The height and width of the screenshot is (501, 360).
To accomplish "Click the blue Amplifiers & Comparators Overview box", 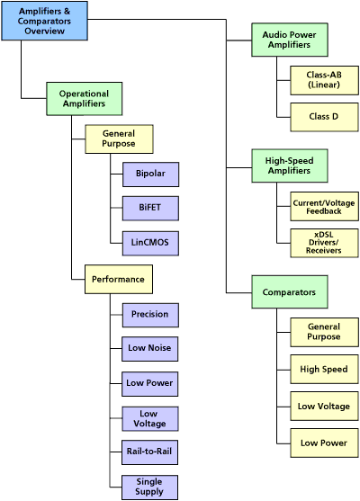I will (x=45, y=21).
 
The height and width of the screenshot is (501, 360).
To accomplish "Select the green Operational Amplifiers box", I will (x=84, y=98).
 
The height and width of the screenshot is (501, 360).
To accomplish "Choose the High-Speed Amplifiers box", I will (x=289, y=166).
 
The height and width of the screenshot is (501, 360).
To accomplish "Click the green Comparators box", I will (x=289, y=292).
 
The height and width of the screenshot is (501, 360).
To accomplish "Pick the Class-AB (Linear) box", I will (x=323, y=79).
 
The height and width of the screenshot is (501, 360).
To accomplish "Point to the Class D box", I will (x=323, y=117).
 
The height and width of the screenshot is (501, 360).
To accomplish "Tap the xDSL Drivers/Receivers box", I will (x=323, y=243).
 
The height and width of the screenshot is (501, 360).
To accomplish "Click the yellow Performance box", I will (x=118, y=279).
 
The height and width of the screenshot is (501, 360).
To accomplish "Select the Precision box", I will (x=149, y=315).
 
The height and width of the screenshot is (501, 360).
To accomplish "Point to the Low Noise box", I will (x=149, y=348).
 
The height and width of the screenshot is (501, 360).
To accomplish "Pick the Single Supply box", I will (x=149, y=486).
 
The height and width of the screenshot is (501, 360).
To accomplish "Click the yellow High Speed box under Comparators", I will (x=323, y=369).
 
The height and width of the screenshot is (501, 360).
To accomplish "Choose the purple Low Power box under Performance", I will (x=149, y=382).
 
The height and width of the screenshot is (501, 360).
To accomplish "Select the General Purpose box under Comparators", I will (x=323, y=331).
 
